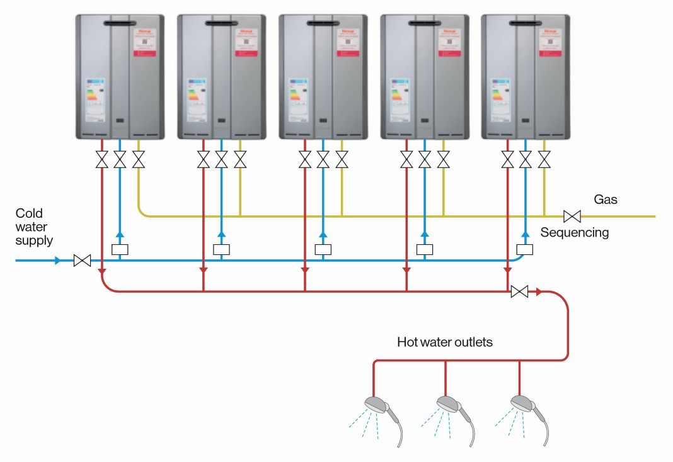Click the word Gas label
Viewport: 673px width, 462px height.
(606, 200)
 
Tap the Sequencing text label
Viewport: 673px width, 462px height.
(574, 233)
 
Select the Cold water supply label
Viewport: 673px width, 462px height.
(35, 227)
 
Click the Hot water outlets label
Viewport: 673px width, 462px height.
(444, 342)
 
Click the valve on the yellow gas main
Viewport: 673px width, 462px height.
(572, 217)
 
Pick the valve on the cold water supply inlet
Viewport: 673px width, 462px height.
(82, 260)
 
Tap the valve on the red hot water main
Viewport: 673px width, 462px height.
(519, 291)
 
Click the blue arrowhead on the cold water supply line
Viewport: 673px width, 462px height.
(58, 260)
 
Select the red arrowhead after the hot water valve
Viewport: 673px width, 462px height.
(539, 291)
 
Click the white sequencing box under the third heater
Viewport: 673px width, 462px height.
(323, 249)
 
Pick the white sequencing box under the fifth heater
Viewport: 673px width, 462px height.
(525, 249)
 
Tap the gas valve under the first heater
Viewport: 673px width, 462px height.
(138, 159)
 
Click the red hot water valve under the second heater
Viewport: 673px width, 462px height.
(203, 159)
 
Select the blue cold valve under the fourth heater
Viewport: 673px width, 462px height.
(424, 159)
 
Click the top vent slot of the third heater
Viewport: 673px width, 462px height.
(322, 23)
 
